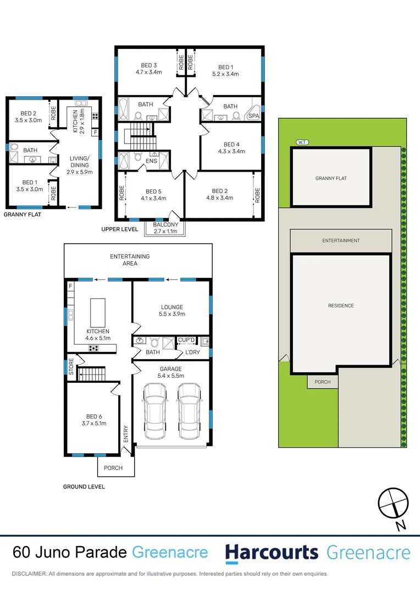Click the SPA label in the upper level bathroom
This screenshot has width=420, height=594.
[253, 116]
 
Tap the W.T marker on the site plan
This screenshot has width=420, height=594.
[301, 142]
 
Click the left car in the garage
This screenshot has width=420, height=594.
[155, 409]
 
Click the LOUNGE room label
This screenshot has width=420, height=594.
[172, 307]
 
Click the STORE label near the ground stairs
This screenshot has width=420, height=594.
[71, 367]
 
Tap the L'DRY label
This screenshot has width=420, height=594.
[192, 352]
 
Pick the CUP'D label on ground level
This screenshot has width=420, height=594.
[187, 340]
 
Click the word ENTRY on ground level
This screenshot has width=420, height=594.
[126, 433]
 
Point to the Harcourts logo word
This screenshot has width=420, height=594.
[272, 552]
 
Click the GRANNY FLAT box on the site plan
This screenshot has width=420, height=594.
[331, 178]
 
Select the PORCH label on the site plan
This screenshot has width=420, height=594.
[323, 382]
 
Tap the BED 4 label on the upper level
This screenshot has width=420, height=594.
[231, 145]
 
